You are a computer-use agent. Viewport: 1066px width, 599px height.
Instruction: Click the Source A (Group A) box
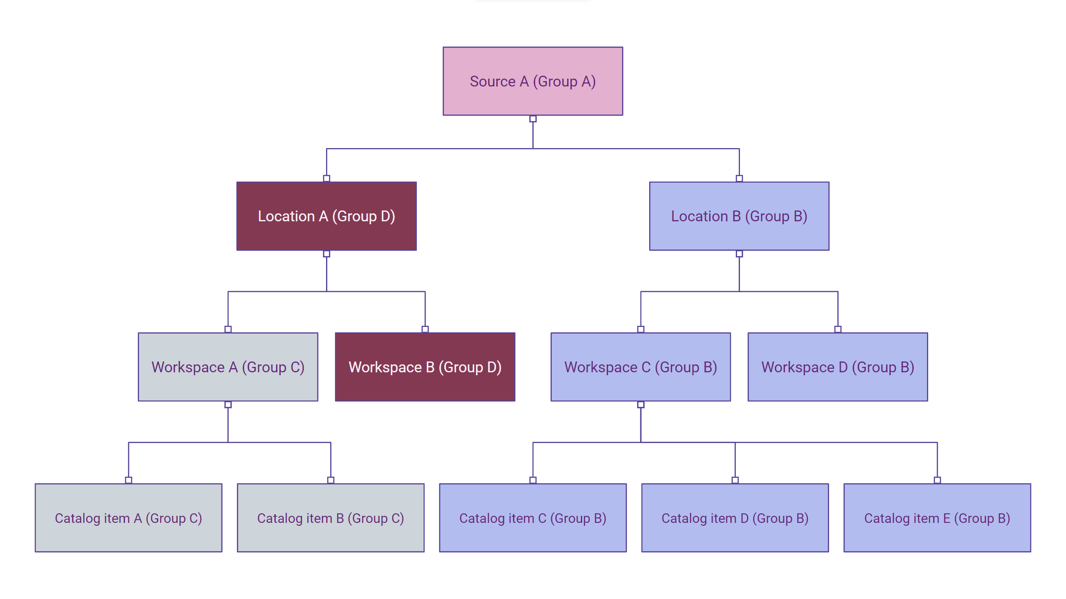tap(533, 81)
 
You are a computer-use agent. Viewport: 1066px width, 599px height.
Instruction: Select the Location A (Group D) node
tap(326, 216)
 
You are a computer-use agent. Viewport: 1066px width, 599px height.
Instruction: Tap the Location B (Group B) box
tap(739, 216)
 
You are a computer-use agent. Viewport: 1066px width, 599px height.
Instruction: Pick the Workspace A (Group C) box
tap(228, 367)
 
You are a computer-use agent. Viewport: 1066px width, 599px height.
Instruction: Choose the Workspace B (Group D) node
tap(425, 367)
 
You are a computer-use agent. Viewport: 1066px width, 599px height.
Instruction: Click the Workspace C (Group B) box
tap(640, 367)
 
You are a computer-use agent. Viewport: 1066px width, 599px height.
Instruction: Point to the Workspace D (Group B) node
tap(837, 367)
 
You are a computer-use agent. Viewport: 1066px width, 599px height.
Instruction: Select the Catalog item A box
tap(128, 518)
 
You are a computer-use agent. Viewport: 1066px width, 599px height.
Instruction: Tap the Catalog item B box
tap(331, 518)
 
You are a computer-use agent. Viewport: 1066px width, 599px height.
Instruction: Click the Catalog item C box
tap(533, 518)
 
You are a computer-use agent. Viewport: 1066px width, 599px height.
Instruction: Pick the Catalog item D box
tap(735, 518)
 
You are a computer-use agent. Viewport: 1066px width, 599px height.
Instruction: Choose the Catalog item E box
tap(937, 518)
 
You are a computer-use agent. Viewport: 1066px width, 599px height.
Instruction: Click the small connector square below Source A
tap(533, 119)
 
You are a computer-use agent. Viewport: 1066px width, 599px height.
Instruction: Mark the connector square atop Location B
tap(739, 178)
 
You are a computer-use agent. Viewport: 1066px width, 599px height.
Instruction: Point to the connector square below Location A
tap(326, 254)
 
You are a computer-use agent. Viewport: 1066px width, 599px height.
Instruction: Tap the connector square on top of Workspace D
tap(838, 329)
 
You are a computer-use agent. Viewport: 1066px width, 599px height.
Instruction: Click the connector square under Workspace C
tap(641, 405)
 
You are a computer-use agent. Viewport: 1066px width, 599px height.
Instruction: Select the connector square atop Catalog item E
tap(937, 480)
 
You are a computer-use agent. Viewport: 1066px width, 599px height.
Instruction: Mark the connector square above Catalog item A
tap(129, 480)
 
